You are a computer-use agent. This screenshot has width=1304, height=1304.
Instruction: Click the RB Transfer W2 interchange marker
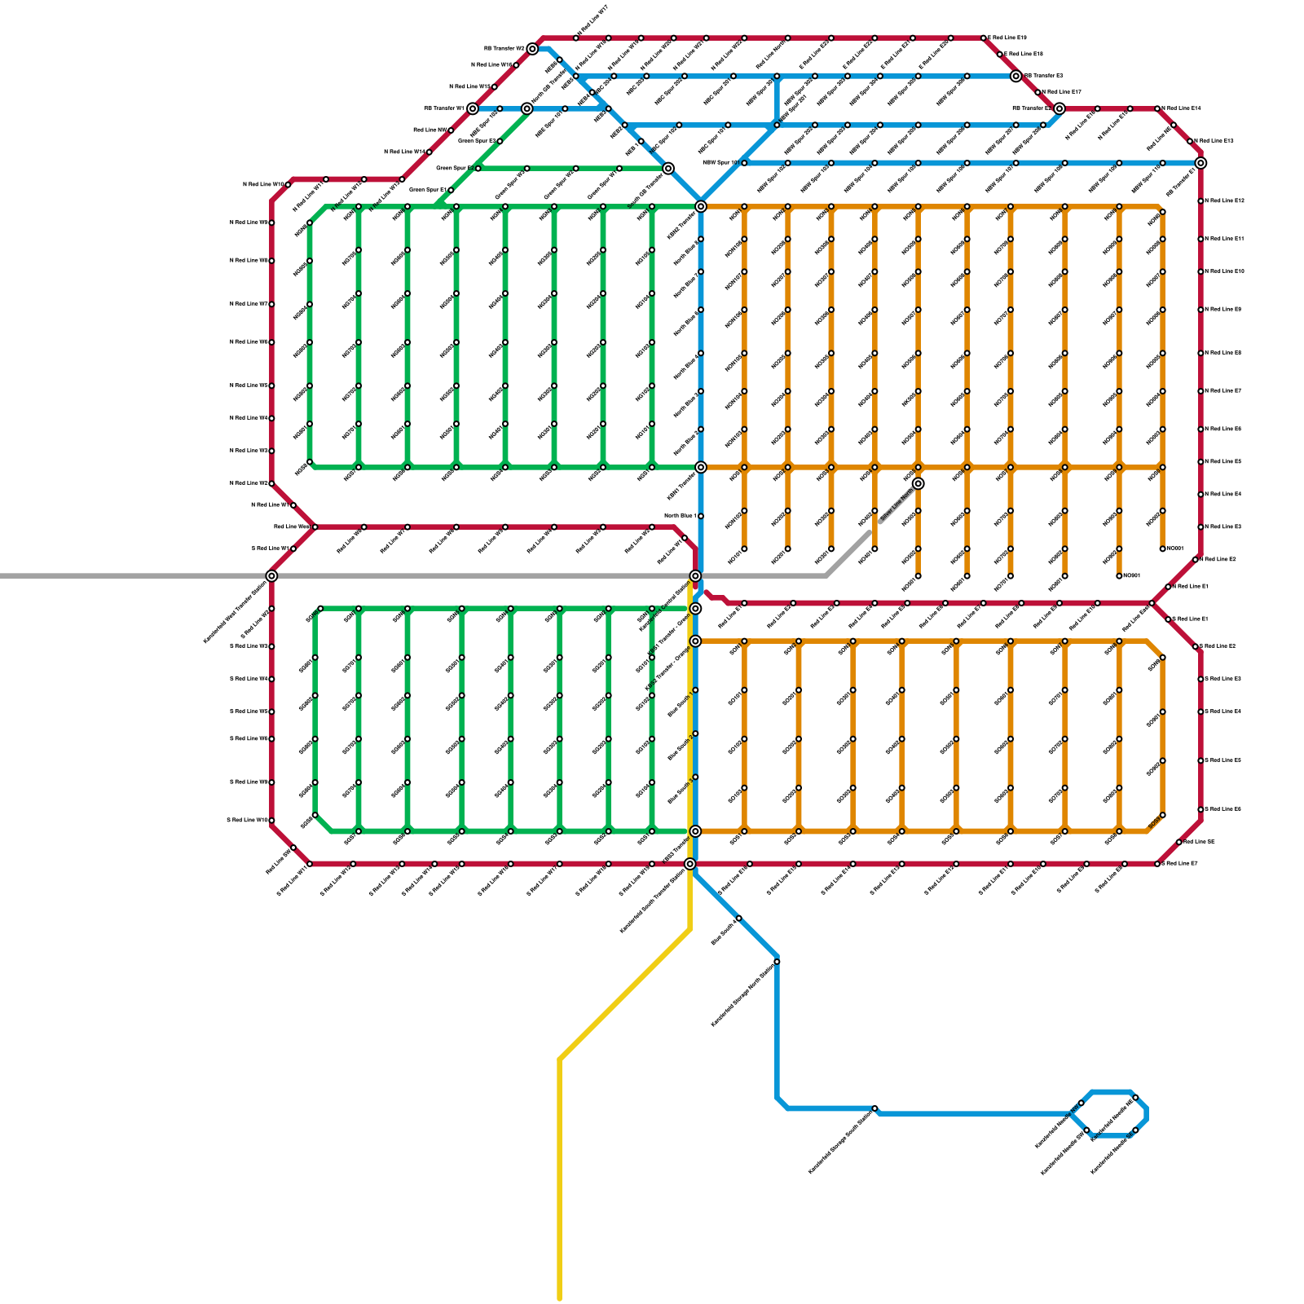532,49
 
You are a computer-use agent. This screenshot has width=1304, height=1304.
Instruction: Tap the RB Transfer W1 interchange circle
473,108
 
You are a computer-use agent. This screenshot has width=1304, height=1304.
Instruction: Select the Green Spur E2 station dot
478,169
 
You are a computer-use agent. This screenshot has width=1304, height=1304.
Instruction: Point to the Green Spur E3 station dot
500,141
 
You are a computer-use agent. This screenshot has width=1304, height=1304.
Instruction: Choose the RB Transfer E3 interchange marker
1015,77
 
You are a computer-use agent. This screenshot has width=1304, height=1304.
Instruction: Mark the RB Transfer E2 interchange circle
1059,108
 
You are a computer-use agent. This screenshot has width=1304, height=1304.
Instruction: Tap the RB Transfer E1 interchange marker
1200,163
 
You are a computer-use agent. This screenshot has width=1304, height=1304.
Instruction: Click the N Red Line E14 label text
1182,108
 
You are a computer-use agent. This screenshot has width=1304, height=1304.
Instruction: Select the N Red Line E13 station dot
1190,141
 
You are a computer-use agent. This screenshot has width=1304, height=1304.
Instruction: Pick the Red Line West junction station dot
315,527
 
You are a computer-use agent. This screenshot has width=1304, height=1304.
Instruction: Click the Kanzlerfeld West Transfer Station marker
271,576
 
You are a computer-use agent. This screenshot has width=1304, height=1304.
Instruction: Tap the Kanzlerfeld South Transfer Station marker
690,864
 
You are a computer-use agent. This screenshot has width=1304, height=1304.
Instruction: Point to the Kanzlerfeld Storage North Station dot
777,962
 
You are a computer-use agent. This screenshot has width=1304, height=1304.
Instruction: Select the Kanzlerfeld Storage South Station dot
874,1108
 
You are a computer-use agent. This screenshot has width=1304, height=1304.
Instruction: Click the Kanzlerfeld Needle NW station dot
1082,1104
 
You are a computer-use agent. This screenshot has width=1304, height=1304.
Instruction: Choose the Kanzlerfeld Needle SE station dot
1135,1130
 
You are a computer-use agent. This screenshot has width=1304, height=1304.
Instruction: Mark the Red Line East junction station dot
1152,603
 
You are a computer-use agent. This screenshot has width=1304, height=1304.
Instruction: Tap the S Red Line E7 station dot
1157,864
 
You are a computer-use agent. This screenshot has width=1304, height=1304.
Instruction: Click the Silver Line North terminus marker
918,484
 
